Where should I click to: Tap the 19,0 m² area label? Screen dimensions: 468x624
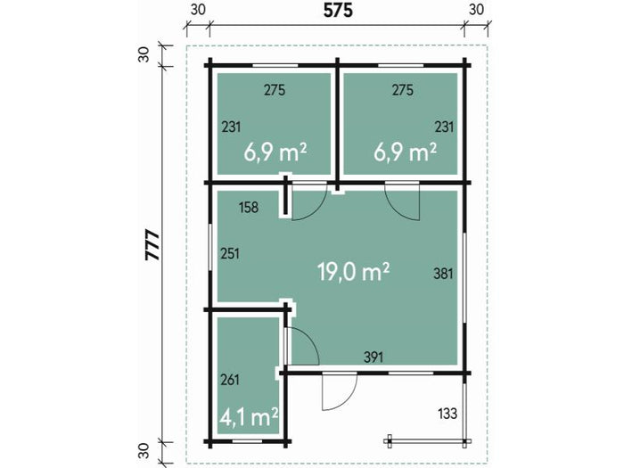[354, 271]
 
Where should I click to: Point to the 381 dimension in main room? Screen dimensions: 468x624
[444, 274]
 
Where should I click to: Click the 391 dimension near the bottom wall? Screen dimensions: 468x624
[374, 357]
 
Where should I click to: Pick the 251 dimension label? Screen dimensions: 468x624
[230, 253]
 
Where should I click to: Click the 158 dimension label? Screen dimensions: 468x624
[249, 207]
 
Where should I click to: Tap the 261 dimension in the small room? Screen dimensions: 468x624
[230, 380]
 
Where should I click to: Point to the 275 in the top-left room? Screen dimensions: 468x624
[275, 90]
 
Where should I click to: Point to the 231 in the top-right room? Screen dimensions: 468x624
[444, 127]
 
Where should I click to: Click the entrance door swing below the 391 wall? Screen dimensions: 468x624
[337, 392]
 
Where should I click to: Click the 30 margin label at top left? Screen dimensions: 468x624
[199, 10]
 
